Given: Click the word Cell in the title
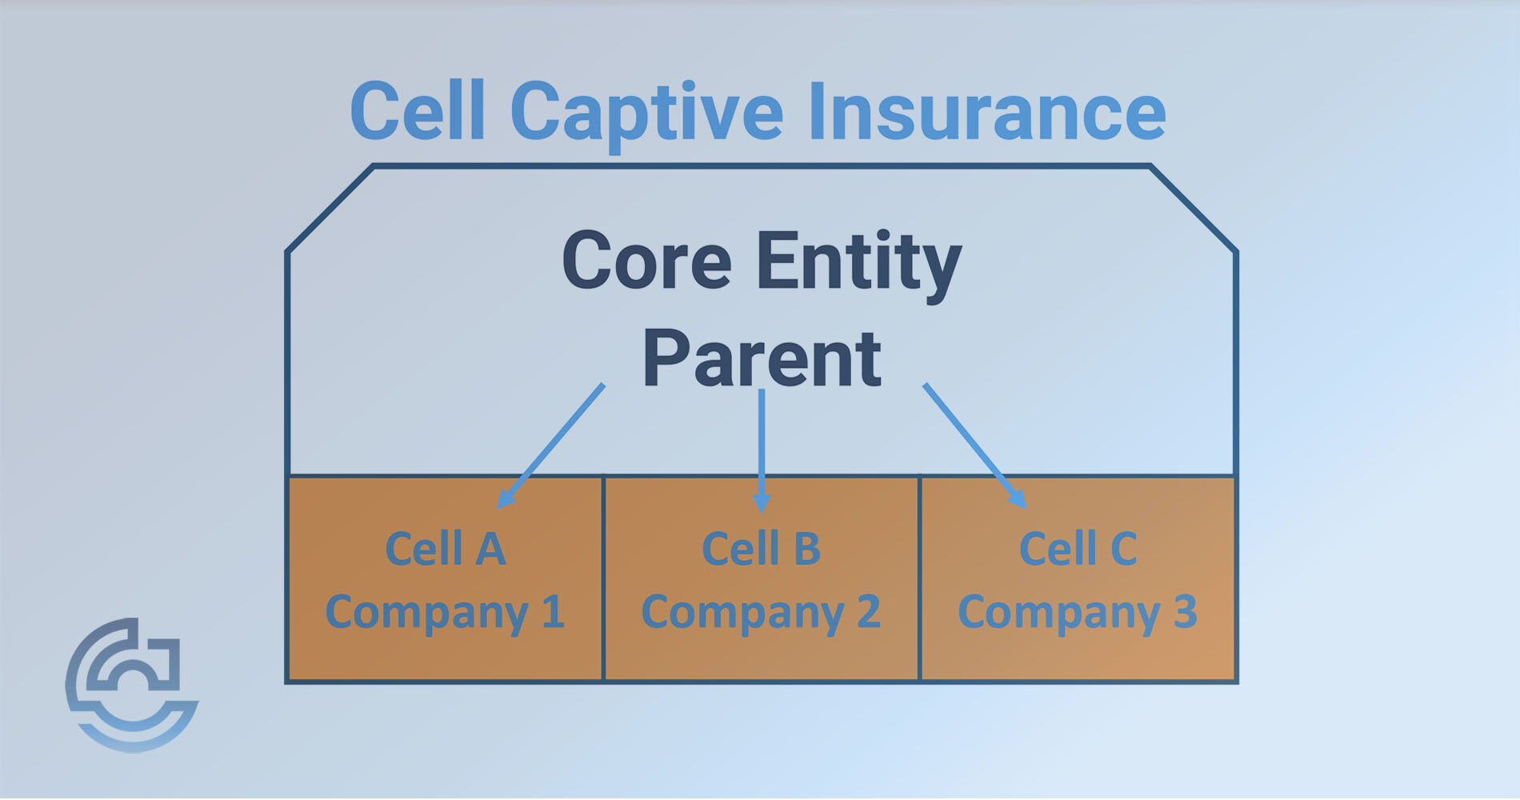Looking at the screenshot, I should point(418,112).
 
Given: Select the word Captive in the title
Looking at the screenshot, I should point(646,114).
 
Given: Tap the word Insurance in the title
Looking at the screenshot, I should point(986,112).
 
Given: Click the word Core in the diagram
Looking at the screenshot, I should point(646,262).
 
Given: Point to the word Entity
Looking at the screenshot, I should point(858,262).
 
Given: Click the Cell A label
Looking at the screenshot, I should point(446,549).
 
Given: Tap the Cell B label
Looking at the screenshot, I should point(761,549).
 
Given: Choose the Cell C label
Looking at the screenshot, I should point(1078,549).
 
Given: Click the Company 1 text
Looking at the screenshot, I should point(445,613).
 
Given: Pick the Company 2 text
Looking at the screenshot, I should point(761,613).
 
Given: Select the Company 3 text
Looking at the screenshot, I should point(1078,613).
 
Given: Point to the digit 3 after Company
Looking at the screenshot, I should point(1185,612).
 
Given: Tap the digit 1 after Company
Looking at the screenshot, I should point(553,612).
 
